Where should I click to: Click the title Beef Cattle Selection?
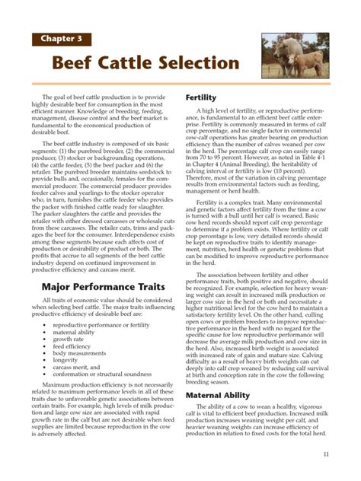point(145,62)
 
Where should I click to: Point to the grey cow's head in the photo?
point(272,51)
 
